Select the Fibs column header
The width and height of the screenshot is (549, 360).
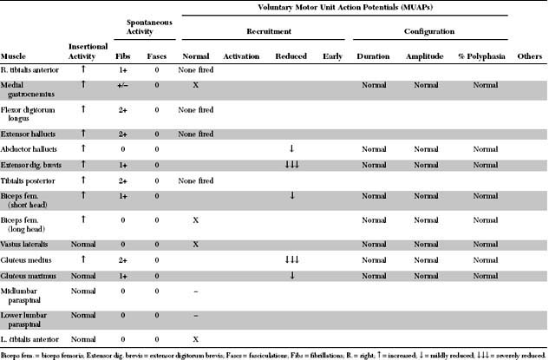[x=124, y=55]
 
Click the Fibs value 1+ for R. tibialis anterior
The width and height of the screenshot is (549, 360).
[x=124, y=68]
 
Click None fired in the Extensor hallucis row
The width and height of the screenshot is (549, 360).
[x=195, y=134]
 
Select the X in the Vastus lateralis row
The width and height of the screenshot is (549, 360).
[x=195, y=244]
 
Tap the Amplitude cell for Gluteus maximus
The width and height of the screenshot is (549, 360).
[x=422, y=275]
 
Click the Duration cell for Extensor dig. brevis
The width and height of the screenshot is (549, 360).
[x=373, y=164]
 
